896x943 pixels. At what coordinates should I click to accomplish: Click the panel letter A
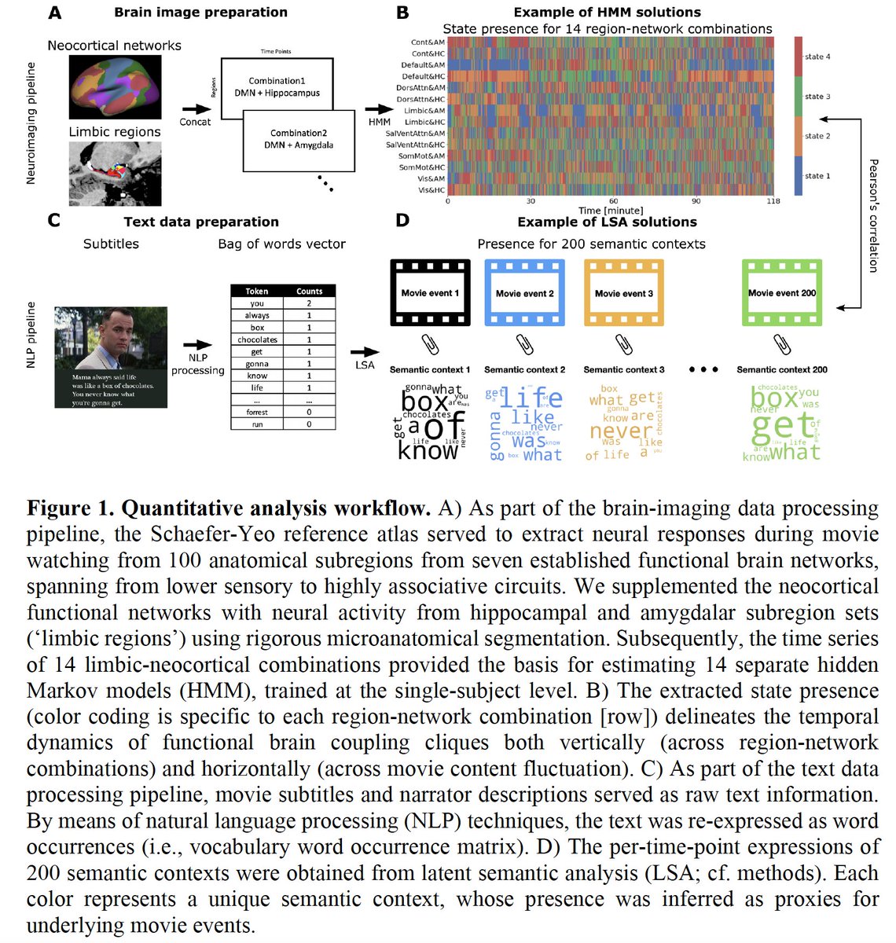pyautogui.click(x=54, y=13)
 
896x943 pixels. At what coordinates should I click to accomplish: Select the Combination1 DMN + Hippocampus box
pyautogui.click(x=277, y=86)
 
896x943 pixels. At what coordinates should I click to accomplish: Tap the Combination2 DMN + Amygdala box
pyautogui.click(x=299, y=139)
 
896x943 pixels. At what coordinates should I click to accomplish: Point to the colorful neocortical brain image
pyautogui.click(x=114, y=86)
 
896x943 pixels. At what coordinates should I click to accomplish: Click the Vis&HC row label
pyautogui.click(x=431, y=190)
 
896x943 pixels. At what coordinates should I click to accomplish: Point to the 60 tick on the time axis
pyautogui.click(x=613, y=201)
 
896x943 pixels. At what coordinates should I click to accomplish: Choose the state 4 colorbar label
pyautogui.click(x=817, y=57)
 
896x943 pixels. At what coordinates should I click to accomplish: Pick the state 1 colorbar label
pyautogui.click(x=817, y=176)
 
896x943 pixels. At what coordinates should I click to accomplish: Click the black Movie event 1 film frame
pyautogui.click(x=430, y=293)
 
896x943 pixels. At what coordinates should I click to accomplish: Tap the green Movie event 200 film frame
pyautogui.click(x=781, y=293)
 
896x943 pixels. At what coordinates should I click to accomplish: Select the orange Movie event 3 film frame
pyautogui.click(x=623, y=293)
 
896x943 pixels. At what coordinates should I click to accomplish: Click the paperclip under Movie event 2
pyautogui.click(x=524, y=344)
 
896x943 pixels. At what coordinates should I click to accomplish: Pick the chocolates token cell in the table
pyautogui.click(x=257, y=339)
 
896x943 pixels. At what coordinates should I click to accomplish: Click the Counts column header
pyautogui.click(x=309, y=291)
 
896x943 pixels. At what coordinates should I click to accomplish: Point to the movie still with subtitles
pyautogui.click(x=111, y=357)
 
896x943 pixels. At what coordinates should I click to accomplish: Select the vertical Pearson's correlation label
pyautogui.click(x=873, y=216)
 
